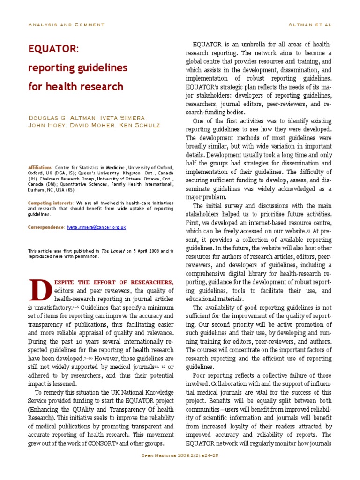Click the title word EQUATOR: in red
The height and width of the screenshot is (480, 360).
click(54, 49)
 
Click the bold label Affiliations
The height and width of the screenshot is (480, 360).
click(40, 167)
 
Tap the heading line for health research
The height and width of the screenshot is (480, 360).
click(76, 87)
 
